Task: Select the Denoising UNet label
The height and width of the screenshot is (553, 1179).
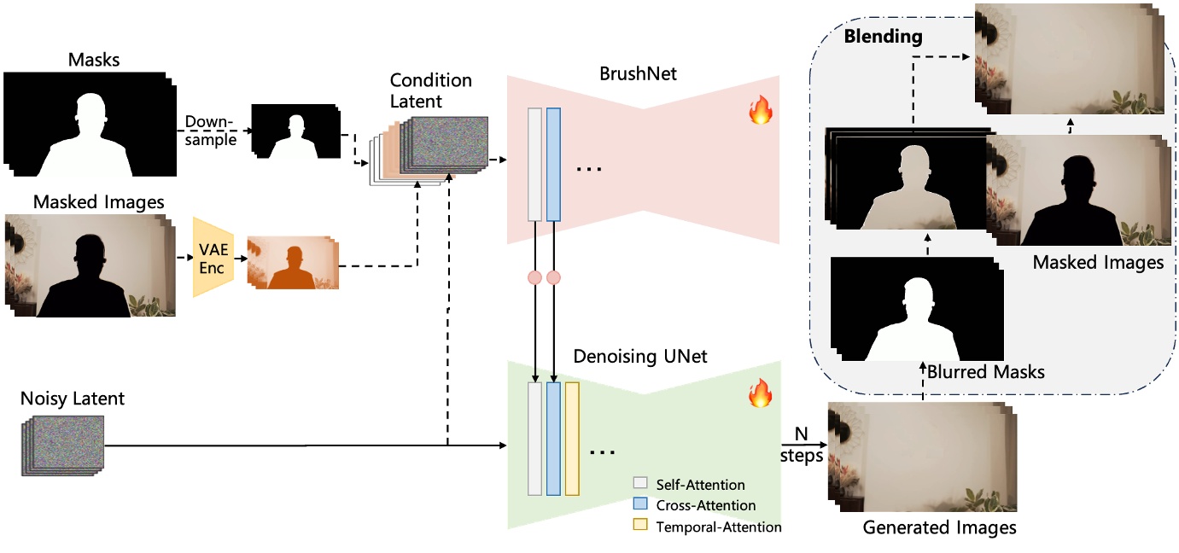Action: [640, 356]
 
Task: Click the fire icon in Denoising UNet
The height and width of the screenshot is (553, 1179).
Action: [760, 393]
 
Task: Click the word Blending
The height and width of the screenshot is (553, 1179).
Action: [883, 37]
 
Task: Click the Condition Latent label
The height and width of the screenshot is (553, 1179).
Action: [430, 90]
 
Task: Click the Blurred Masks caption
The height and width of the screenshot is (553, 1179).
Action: [985, 372]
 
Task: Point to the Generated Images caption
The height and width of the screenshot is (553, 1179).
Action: [939, 527]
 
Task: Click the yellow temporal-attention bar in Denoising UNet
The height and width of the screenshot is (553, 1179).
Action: [572, 439]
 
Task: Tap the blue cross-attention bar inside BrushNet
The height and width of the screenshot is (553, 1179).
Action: [553, 164]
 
